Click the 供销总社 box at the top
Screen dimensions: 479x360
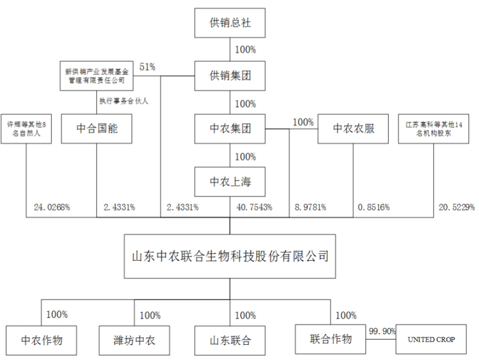click(x=230, y=23)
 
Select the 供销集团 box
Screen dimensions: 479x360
click(x=230, y=76)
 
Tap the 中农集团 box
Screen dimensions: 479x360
click(x=230, y=129)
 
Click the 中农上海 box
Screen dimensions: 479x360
click(x=230, y=182)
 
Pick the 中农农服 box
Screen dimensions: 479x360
click(x=353, y=129)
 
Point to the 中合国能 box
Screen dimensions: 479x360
click(x=97, y=129)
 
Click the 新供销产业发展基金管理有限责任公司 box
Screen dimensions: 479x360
click(x=97, y=76)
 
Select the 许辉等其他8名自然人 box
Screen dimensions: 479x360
click(x=26, y=129)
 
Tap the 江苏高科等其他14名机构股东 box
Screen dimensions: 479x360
click(x=433, y=129)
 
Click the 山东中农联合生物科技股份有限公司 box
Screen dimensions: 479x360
click(x=230, y=256)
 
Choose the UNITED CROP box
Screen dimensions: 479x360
click(x=431, y=339)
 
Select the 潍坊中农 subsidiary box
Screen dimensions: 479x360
click(x=134, y=340)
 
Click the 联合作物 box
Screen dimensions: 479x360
click(x=330, y=339)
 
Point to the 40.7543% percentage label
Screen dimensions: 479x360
click(x=254, y=207)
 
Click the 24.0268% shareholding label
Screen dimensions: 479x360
click(x=52, y=207)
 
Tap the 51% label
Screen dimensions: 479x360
click(x=147, y=67)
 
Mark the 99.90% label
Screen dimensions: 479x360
click(x=382, y=331)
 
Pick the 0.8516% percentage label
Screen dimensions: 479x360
click(x=373, y=207)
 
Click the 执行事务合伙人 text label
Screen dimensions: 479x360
click(x=124, y=101)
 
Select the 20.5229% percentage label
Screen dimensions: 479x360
click(x=457, y=207)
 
